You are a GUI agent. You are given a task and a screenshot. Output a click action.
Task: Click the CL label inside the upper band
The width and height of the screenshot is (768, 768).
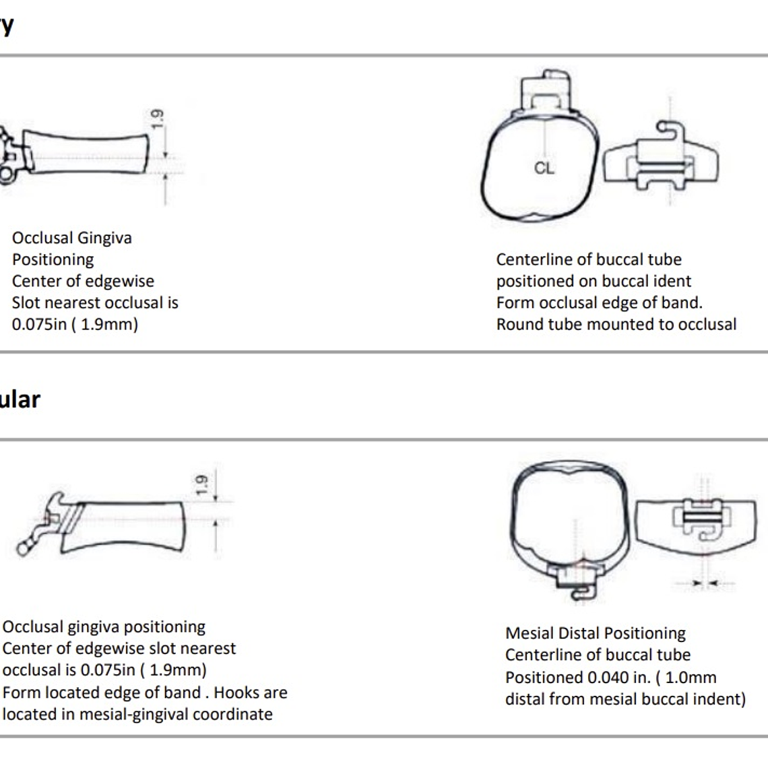coord(544,168)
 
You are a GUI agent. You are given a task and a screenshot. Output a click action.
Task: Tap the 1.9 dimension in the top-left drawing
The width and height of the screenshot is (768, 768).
coord(157,119)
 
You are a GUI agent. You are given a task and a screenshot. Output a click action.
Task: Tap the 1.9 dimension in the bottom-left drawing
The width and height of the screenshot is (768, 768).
coord(200,485)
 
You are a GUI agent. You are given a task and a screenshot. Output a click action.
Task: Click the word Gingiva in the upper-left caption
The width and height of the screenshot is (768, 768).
coord(104,238)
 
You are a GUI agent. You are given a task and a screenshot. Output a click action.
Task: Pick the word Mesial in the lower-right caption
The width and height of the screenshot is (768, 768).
coord(529,633)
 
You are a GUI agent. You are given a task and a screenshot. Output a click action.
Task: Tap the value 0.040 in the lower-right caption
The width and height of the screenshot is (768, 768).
coord(607,677)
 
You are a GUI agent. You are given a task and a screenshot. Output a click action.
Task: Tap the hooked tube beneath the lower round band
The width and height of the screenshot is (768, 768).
coord(575,581)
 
